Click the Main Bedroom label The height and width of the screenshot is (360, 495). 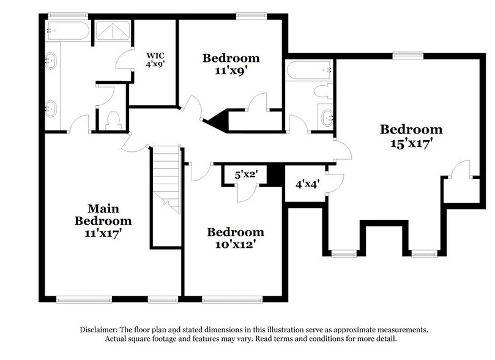(103, 214)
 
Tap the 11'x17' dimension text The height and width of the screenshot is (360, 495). (103, 233)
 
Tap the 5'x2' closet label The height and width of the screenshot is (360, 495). (247, 174)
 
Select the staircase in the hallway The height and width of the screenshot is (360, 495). (166, 178)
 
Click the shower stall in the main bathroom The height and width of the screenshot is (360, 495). (112, 30)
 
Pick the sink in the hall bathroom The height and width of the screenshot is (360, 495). (326, 116)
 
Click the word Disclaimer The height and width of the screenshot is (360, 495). (102, 329)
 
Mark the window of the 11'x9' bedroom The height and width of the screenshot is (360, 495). (247, 16)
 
